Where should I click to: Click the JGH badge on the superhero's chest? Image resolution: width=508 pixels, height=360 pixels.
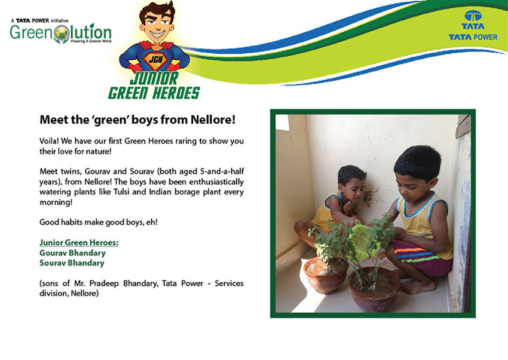155,60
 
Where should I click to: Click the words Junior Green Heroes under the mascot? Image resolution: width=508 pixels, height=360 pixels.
154,86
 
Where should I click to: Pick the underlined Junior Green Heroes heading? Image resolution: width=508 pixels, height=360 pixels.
79,242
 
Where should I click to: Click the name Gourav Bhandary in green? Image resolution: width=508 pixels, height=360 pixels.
72,253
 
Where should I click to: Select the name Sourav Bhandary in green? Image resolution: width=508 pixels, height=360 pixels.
72,263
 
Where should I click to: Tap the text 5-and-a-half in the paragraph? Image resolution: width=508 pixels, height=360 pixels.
222,172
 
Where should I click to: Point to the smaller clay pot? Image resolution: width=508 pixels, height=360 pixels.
325,274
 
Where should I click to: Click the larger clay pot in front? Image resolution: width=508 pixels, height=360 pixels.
375,289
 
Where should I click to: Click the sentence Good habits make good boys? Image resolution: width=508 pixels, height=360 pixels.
98,222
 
